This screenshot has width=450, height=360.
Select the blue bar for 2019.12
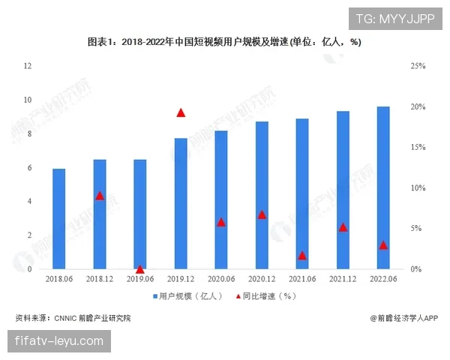[181, 203]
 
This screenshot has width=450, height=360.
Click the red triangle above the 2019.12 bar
[181, 112]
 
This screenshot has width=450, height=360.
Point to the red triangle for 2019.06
[139, 268]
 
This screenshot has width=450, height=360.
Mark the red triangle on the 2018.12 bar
[99, 196]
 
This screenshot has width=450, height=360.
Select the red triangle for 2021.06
[302, 256]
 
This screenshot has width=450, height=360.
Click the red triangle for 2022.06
[383, 245]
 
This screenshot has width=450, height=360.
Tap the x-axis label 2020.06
[221, 279]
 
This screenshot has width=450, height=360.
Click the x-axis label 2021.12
[343, 279]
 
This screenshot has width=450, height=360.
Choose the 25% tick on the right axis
[417, 66]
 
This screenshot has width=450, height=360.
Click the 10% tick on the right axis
[417, 188]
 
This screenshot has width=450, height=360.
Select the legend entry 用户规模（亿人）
[187, 296]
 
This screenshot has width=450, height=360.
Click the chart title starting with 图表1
[224, 42]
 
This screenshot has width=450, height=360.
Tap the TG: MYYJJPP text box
[394, 18]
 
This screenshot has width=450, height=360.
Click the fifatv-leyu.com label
[59, 341]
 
